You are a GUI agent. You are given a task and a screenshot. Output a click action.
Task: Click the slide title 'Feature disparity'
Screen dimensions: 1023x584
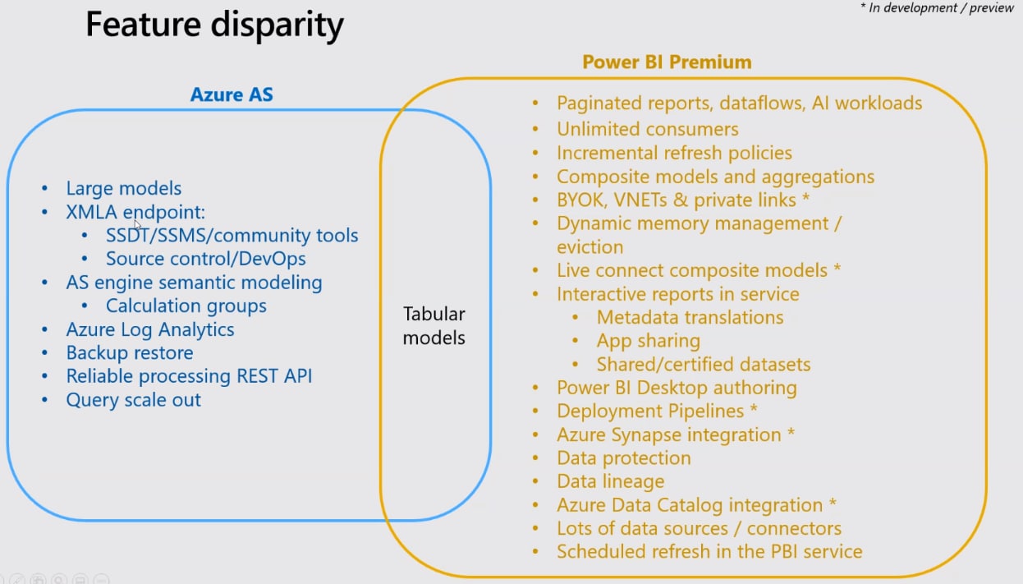click(x=214, y=25)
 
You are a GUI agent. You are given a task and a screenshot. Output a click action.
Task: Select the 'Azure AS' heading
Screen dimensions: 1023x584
click(x=232, y=94)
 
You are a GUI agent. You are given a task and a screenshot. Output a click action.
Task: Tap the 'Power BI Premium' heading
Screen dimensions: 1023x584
click(x=667, y=62)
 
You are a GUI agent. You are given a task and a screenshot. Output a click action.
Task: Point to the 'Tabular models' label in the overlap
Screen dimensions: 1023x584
click(x=434, y=326)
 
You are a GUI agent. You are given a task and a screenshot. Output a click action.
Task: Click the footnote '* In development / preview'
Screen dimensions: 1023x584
click(x=937, y=7)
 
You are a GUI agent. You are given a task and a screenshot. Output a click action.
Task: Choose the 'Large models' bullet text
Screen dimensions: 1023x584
click(x=124, y=188)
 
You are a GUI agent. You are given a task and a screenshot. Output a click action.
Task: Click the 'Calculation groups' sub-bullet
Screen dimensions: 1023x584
click(x=186, y=306)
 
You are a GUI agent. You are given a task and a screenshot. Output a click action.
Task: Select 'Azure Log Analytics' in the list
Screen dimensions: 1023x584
click(x=150, y=330)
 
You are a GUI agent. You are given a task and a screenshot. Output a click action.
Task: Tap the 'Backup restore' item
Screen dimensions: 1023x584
click(x=130, y=352)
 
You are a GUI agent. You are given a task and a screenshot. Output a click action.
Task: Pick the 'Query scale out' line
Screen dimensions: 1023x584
click(x=133, y=400)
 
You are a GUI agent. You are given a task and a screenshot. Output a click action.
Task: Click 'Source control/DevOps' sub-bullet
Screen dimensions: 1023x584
click(x=206, y=259)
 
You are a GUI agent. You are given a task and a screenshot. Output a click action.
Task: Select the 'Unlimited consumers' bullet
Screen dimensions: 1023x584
click(x=648, y=129)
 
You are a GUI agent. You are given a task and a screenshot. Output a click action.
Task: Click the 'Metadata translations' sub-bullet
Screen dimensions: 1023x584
click(x=690, y=318)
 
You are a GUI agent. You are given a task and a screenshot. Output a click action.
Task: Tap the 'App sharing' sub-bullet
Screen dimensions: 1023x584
click(x=649, y=342)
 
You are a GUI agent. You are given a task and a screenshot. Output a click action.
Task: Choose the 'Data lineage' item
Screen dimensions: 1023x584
click(x=611, y=481)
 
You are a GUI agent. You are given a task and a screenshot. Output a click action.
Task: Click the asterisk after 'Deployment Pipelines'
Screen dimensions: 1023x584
click(x=754, y=407)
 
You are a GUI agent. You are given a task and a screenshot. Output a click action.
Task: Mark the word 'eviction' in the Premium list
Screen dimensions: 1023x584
click(x=590, y=247)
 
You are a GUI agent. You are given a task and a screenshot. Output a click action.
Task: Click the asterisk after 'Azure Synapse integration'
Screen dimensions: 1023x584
click(x=791, y=431)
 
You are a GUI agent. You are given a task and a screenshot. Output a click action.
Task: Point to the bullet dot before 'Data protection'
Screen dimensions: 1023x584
click(x=535, y=458)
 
